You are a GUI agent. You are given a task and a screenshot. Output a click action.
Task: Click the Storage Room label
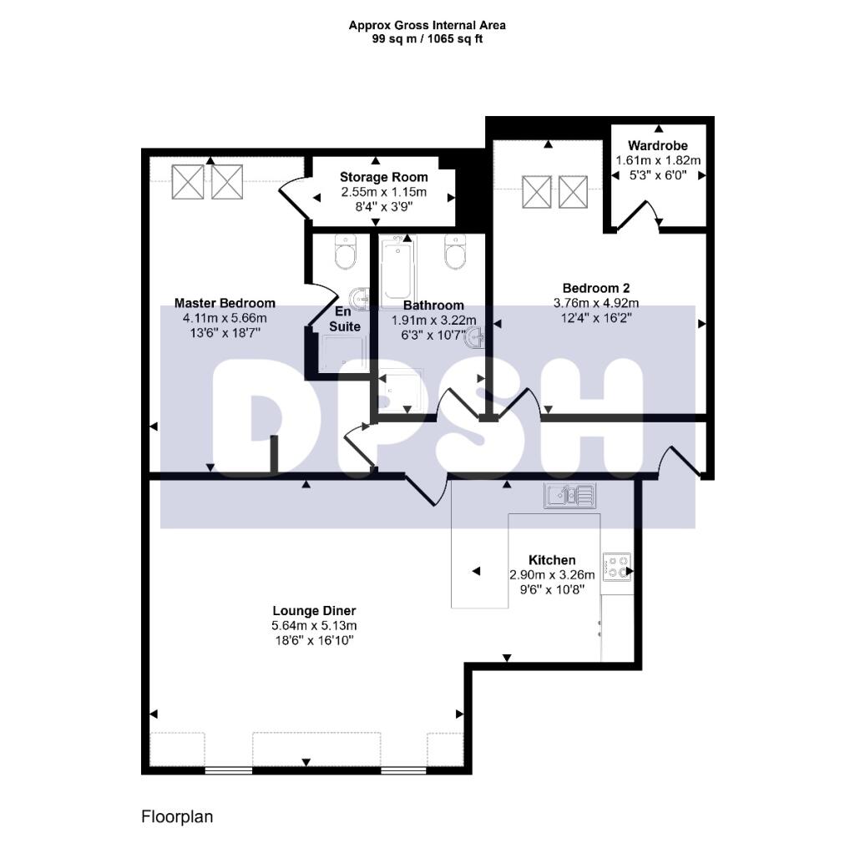click(x=383, y=177)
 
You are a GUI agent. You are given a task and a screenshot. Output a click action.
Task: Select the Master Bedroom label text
click(x=225, y=303)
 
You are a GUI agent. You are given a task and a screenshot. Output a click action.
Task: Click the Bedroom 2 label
click(x=589, y=288)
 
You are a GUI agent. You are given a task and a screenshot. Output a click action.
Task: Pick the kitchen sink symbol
click(x=569, y=496)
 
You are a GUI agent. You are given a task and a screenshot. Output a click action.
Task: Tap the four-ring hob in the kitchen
click(x=617, y=567)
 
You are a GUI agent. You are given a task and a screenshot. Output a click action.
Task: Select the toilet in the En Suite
click(x=345, y=251)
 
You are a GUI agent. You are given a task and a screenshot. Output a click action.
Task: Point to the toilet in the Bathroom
click(x=456, y=253)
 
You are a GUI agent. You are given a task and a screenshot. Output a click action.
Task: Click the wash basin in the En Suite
click(x=361, y=299)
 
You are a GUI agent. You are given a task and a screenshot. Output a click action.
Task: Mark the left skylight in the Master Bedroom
click(x=187, y=182)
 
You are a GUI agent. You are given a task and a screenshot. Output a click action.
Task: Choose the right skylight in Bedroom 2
click(x=574, y=192)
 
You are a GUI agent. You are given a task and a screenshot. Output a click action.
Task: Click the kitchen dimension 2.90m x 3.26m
click(x=552, y=574)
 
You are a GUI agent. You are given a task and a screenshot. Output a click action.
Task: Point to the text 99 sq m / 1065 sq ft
click(x=427, y=38)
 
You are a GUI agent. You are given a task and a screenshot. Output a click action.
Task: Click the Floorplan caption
click(x=177, y=816)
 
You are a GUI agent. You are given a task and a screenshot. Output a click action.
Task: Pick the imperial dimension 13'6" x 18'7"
click(x=225, y=332)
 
